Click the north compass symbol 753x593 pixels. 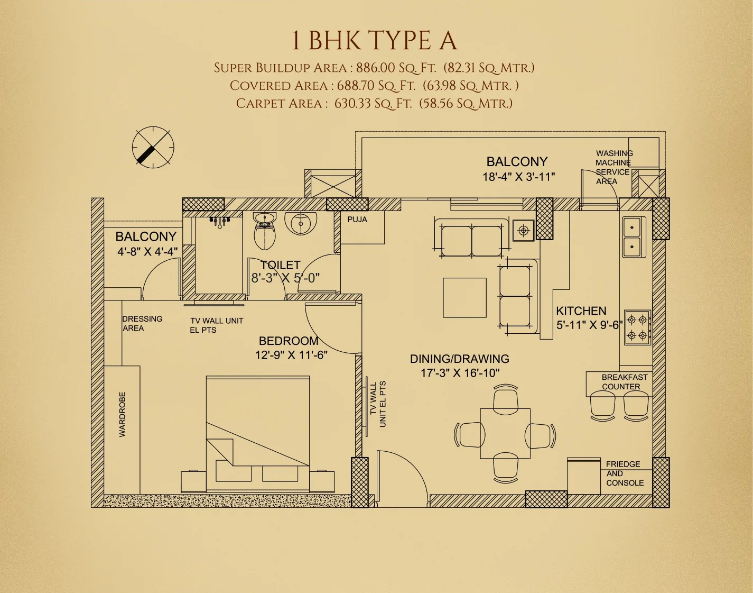(x=153, y=148)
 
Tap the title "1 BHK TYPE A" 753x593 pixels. (x=374, y=41)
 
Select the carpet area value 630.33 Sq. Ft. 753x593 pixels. (x=373, y=103)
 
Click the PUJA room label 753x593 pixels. (x=357, y=220)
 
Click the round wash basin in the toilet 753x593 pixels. (x=301, y=223)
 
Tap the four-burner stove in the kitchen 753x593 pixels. (x=637, y=327)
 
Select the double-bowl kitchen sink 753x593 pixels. (x=633, y=236)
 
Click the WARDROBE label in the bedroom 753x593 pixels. (x=123, y=414)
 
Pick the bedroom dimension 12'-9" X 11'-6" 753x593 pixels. (x=291, y=355)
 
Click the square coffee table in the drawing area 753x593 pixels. (x=464, y=297)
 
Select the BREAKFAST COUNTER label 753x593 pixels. (x=624, y=382)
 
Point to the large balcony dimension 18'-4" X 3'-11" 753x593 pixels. (x=518, y=177)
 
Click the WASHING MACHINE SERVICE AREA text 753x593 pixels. (x=613, y=167)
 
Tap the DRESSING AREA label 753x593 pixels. (x=142, y=323)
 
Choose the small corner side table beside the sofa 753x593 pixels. (x=523, y=230)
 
